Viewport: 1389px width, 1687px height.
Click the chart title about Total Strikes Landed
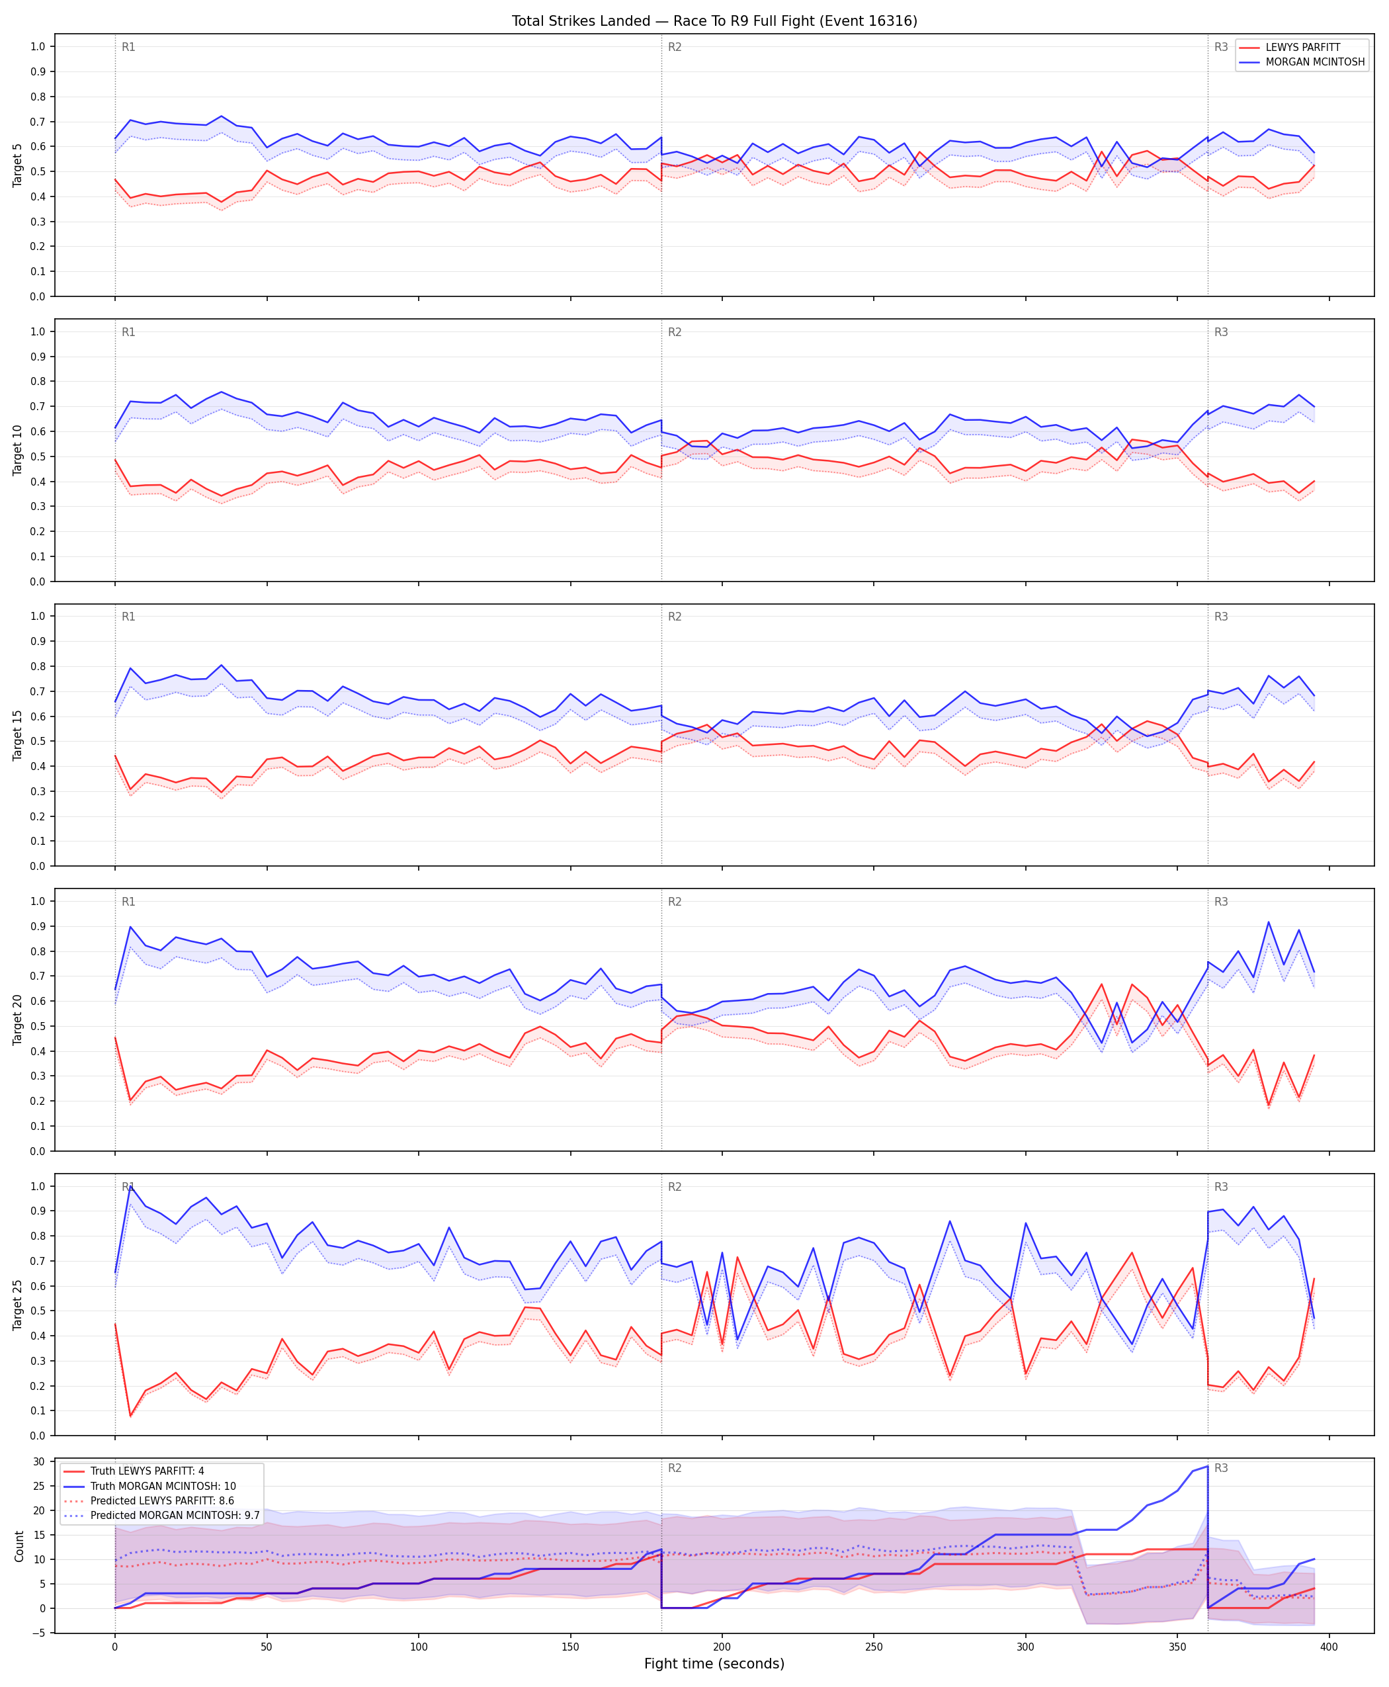714,21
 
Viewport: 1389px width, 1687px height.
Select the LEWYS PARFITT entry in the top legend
1302,47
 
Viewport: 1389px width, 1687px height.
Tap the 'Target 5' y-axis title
18,165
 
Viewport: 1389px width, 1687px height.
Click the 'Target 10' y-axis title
18,451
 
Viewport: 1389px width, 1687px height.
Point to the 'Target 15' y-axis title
18,734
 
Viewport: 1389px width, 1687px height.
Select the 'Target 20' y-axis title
18,1019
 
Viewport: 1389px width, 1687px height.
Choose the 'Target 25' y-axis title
18,1305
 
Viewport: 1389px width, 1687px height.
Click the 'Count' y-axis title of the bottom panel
19,1546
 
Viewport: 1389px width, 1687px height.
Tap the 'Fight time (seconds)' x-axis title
714,1664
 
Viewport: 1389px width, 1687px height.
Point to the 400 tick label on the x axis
1329,1647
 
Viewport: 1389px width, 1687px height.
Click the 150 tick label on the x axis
570,1647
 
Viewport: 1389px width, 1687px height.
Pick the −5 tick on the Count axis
37,1633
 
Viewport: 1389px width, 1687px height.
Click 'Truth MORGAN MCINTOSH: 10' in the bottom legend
163,1486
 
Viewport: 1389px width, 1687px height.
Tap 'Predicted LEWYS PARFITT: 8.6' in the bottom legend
163,1500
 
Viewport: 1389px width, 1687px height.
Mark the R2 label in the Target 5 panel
675,47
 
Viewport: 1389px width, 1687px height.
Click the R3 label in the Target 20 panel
1221,902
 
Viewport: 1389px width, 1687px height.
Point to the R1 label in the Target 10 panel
129,332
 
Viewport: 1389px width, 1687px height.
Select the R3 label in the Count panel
1221,1469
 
